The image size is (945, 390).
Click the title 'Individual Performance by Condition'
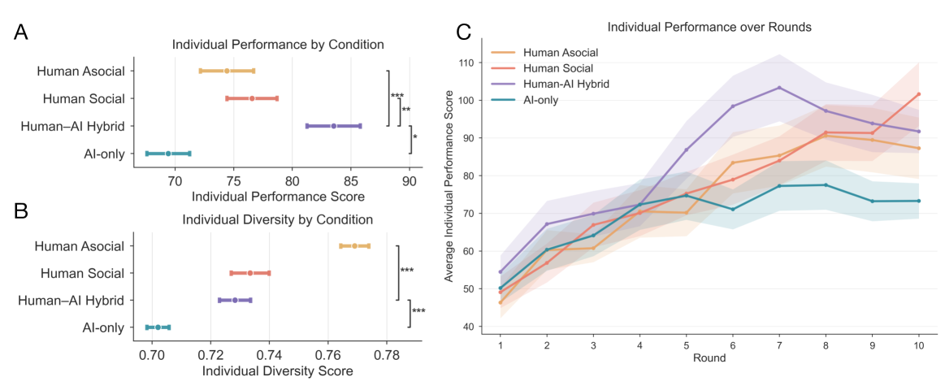pos(278,44)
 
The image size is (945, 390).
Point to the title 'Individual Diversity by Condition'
pos(277,219)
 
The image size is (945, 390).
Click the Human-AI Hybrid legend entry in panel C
pos(566,84)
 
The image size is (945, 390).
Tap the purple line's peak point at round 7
pos(779,88)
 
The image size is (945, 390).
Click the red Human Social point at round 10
pos(918,94)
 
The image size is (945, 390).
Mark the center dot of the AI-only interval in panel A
pos(168,154)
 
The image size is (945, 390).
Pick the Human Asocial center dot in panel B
pos(354,245)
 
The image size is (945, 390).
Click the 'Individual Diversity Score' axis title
pos(277,371)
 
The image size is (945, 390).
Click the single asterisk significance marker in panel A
pos(415,138)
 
